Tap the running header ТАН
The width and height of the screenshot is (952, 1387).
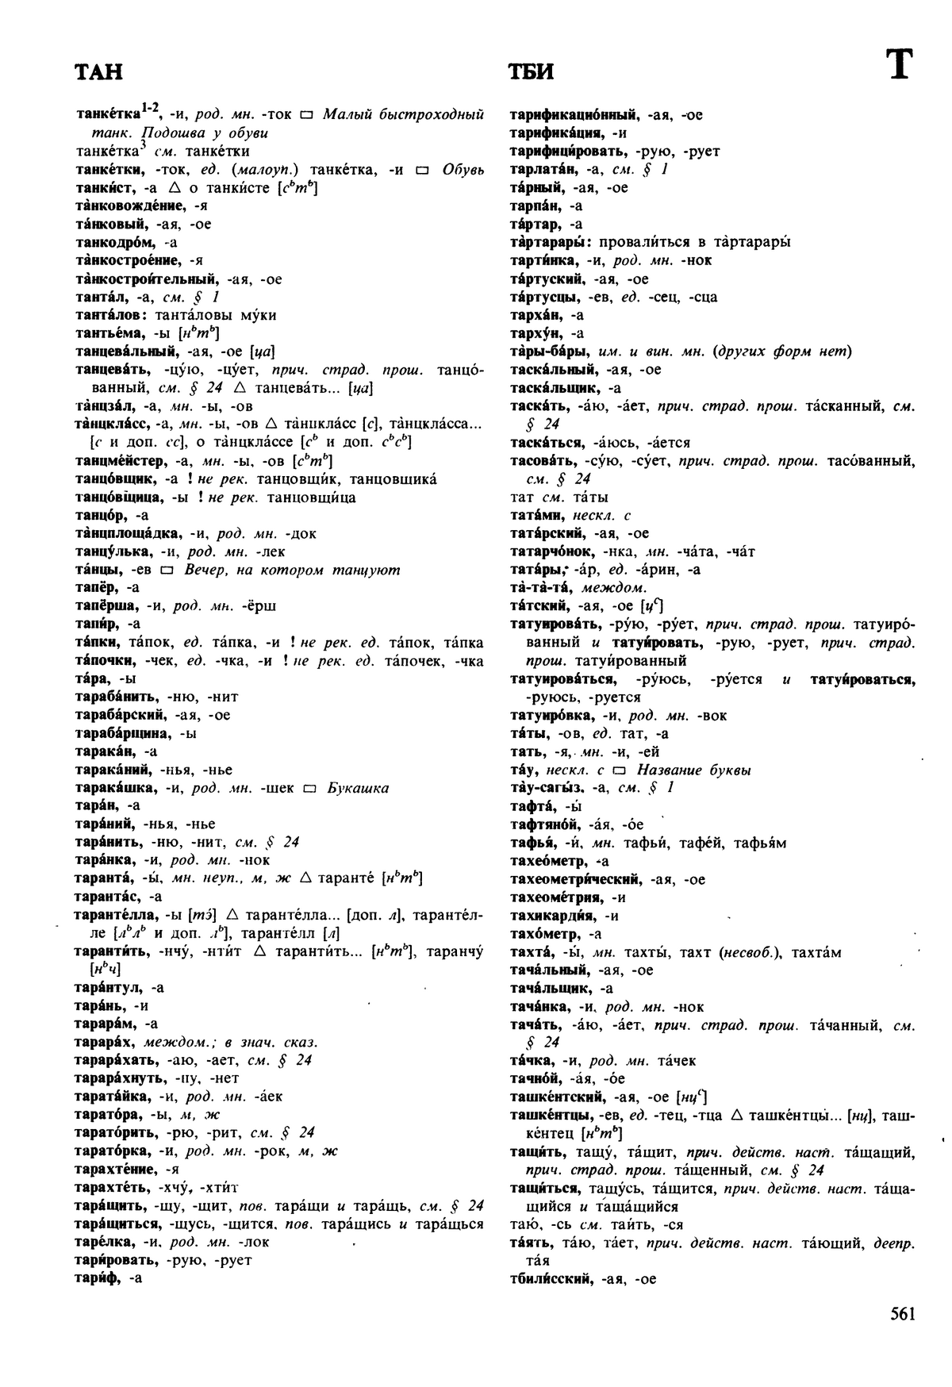pos(98,72)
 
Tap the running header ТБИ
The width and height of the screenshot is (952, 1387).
pos(531,72)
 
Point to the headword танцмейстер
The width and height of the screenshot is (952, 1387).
pos(119,461)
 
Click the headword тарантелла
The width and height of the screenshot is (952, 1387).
pos(117,915)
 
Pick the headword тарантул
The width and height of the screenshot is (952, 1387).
pos(108,988)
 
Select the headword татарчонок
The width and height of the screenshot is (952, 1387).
pos(548,551)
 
